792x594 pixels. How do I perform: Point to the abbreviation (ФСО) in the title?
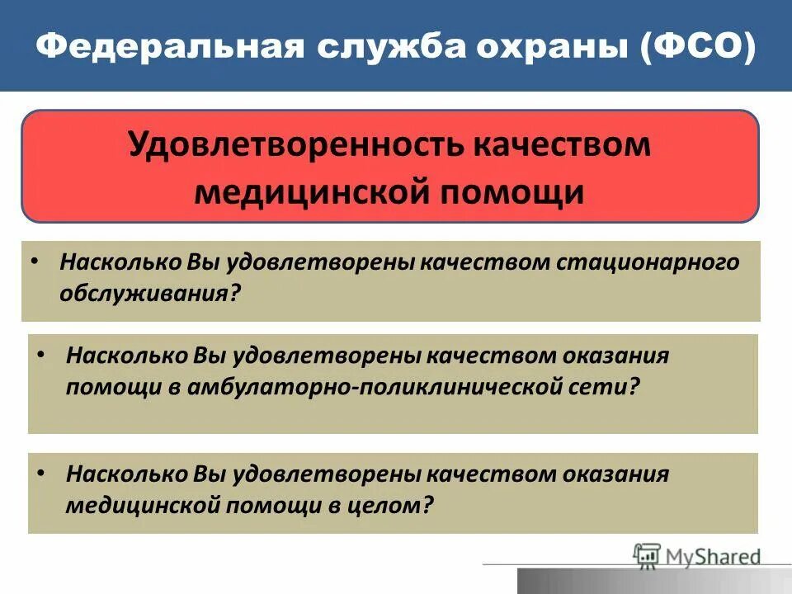(699, 48)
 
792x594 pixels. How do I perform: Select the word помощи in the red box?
(505, 191)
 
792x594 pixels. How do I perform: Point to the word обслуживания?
(148, 293)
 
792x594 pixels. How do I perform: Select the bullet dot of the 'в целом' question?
(41, 473)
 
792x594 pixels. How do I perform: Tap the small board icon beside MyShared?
(648, 557)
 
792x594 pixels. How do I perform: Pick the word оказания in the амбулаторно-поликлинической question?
(616, 356)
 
